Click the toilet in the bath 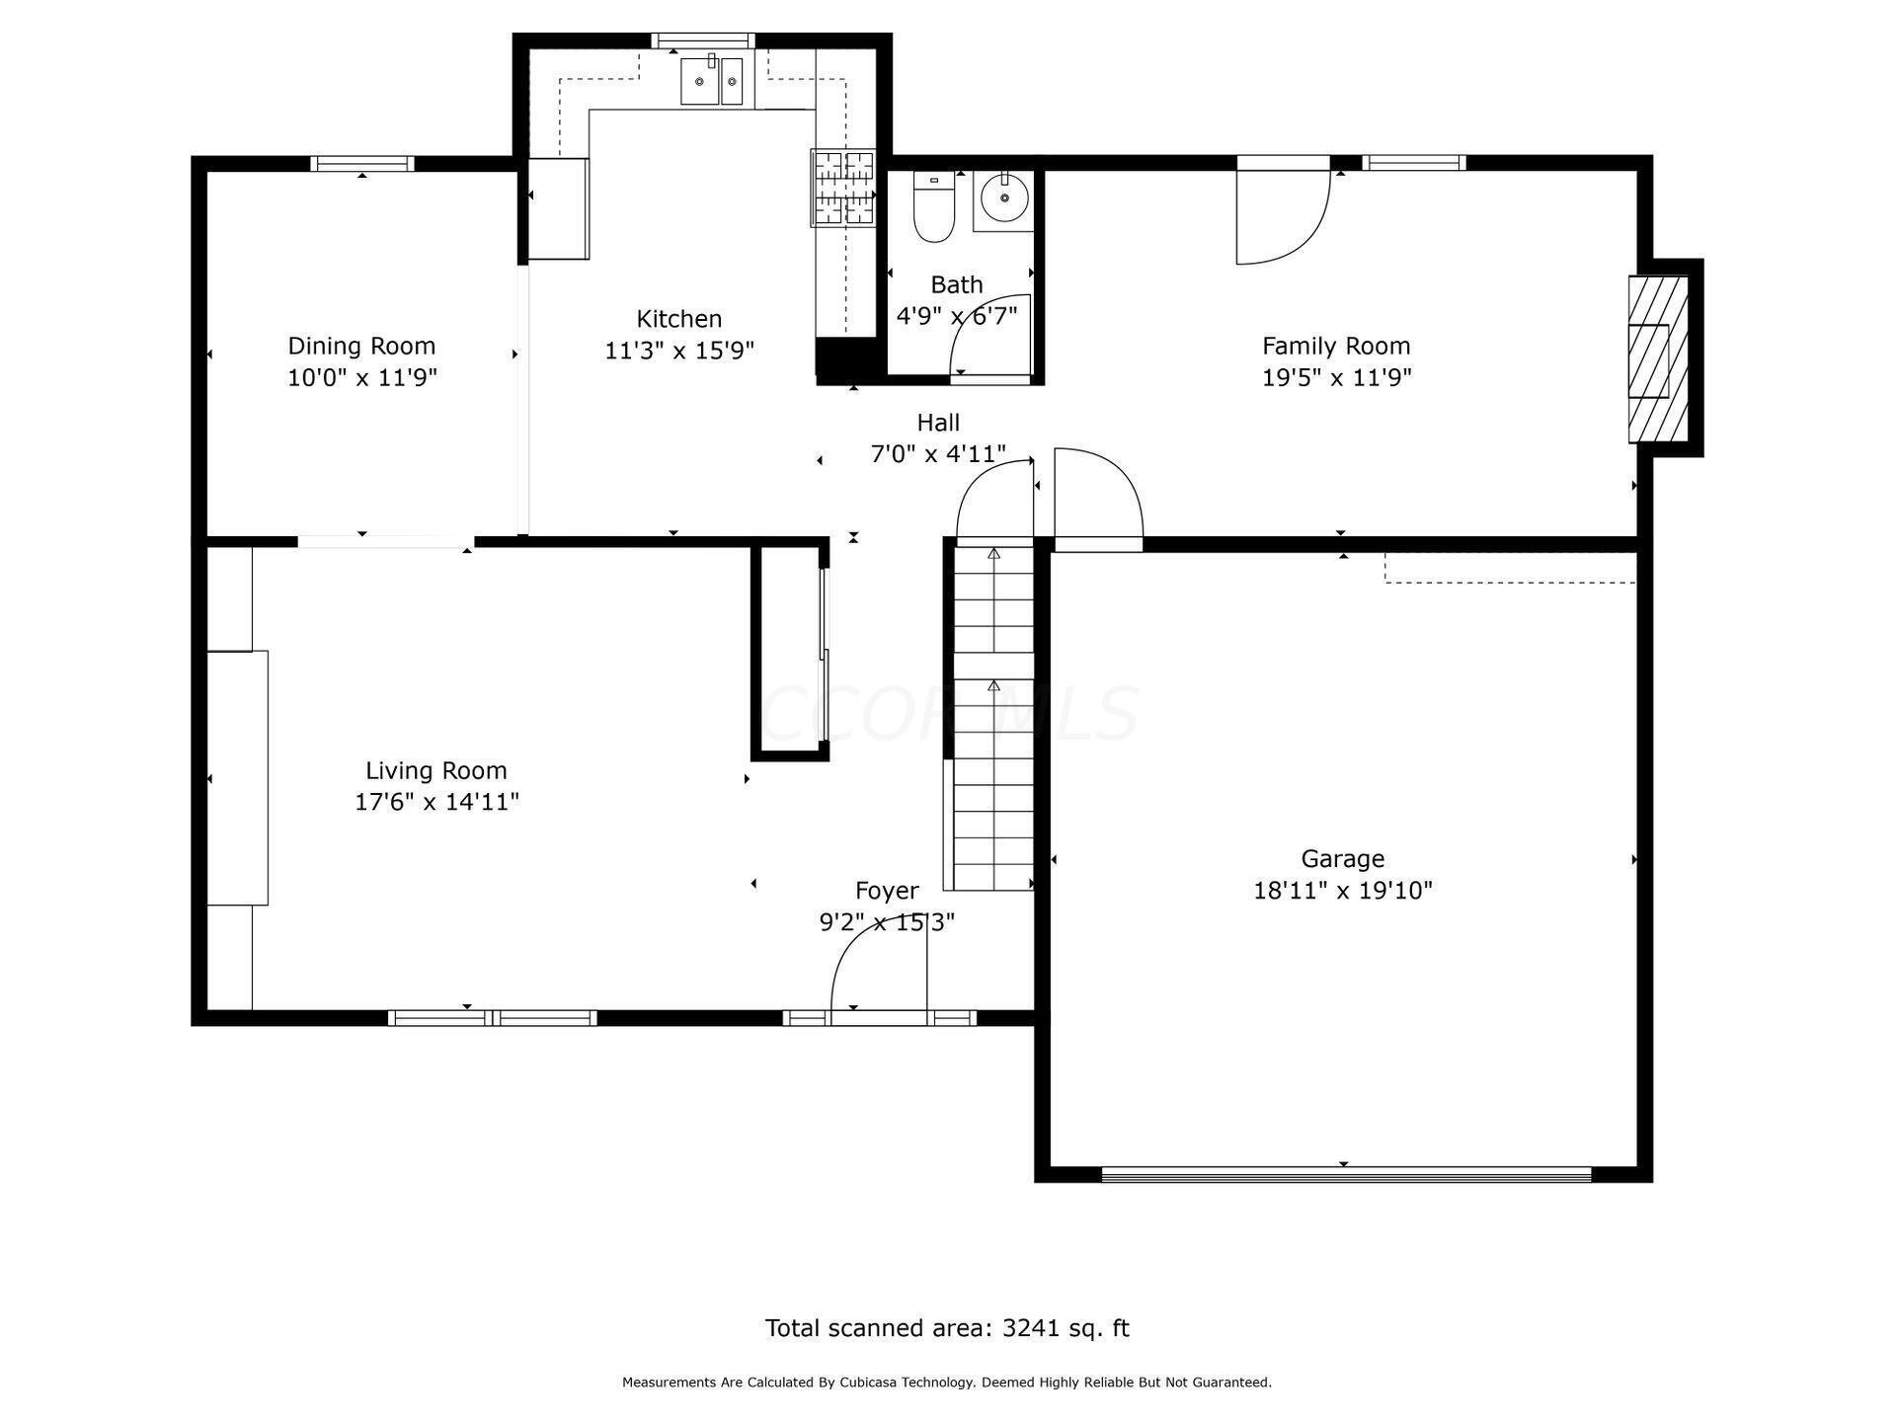(x=933, y=210)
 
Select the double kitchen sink (x=711, y=80)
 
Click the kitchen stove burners (x=843, y=188)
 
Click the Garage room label (x=1342, y=858)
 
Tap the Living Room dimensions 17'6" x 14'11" (x=436, y=802)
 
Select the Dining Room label (x=361, y=346)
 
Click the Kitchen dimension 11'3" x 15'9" (x=679, y=351)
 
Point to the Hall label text (x=937, y=423)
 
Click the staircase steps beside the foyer (x=993, y=721)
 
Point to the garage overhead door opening (x=1346, y=1173)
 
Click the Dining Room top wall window (x=361, y=164)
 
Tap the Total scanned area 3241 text (x=946, y=1328)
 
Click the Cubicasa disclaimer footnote (x=946, y=1382)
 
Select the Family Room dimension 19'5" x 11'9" (x=1336, y=377)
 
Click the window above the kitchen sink (x=703, y=41)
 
